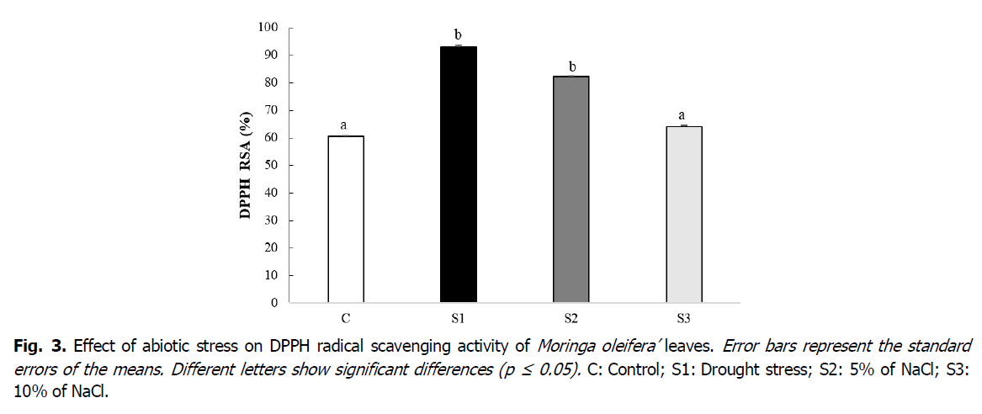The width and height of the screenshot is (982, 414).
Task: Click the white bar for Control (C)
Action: [x=345, y=219]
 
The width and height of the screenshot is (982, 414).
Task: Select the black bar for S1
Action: [x=458, y=174]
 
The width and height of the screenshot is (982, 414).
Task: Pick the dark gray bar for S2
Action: [x=571, y=189]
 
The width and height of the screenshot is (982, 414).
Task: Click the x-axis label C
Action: [x=345, y=319]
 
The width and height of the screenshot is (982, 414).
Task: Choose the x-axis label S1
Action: [x=458, y=319]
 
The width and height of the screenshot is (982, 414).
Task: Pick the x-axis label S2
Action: [x=571, y=319]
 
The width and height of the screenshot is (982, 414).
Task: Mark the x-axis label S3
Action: [x=683, y=319]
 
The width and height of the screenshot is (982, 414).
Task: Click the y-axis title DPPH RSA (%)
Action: [x=246, y=165]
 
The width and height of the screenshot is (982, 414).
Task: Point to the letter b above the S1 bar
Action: [x=458, y=34]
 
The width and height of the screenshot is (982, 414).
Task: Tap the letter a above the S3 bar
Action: [x=683, y=115]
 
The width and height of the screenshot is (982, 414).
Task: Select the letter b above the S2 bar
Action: [x=571, y=66]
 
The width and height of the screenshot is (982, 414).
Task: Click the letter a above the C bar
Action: [x=345, y=125]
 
